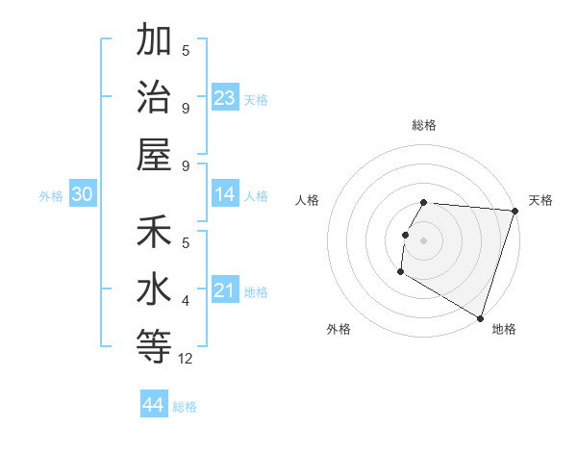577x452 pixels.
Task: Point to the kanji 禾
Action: point(154,234)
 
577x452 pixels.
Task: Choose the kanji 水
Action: point(154,289)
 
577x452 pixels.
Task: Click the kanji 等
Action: point(154,344)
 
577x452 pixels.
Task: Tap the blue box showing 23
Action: point(225,98)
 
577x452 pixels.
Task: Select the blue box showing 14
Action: point(225,194)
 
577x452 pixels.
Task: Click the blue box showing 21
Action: point(225,290)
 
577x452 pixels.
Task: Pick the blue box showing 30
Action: point(82,194)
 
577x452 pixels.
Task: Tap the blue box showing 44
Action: point(154,404)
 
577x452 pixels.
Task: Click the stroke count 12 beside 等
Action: point(186,359)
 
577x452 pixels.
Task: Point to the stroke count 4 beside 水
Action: point(186,301)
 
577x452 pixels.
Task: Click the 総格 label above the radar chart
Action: point(424,125)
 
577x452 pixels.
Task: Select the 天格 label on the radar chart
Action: point(541,200)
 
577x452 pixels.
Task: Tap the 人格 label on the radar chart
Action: point(308,200)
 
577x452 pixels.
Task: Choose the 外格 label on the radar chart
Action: point(339,329)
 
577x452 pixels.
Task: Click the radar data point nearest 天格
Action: point(514,211)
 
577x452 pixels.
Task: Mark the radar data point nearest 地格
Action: point(480,318)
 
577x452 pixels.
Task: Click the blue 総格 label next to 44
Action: point(185,407)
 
